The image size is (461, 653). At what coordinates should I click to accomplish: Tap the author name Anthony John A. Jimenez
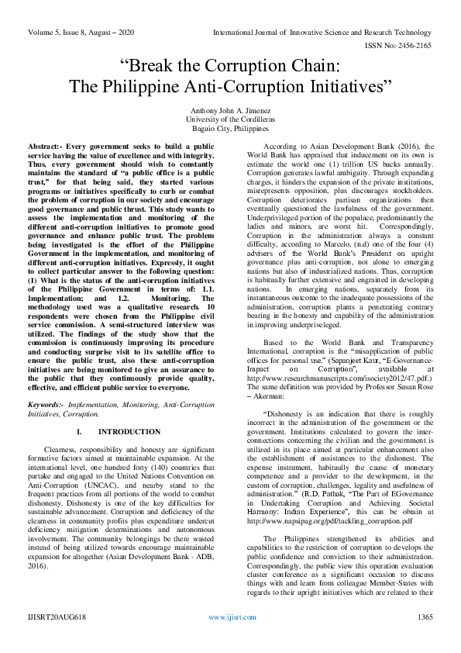tap(230, 110)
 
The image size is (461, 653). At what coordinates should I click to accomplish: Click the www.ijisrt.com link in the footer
tap(230, 637)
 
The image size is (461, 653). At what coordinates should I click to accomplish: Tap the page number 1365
tap(424, 637)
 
